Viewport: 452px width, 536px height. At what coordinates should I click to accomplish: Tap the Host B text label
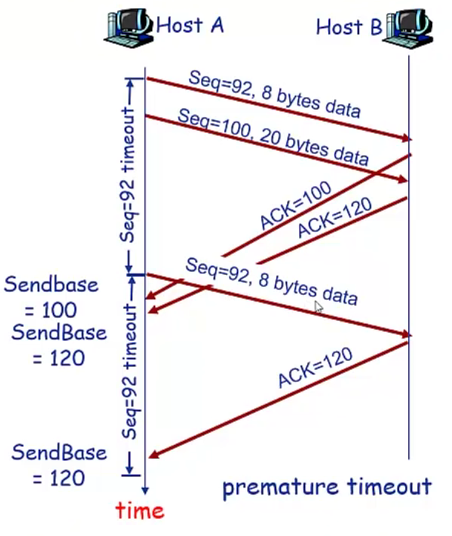[x=349, y=27]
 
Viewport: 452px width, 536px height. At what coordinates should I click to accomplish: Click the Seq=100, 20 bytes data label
[x=272, y=136]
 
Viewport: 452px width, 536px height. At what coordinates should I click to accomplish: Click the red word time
[x=140, y=510]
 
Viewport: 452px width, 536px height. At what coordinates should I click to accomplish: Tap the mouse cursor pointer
[x=318, y=307]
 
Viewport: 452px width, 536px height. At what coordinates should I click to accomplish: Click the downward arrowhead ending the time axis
[x=145, y=490]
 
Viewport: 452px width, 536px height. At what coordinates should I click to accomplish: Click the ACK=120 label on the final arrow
[x=315, y=369]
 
